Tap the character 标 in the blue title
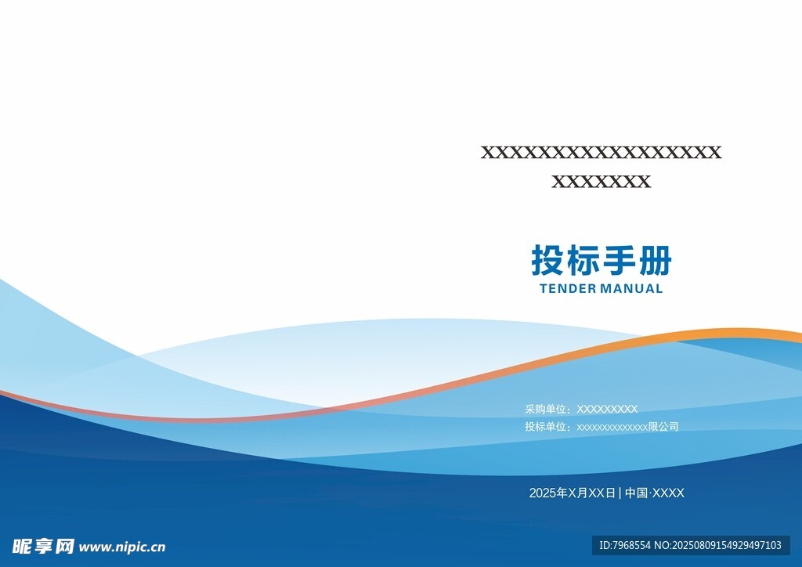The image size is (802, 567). pos(583,260)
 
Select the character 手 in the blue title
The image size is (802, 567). pos(619,260)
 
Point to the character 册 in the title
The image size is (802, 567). pos(655,260)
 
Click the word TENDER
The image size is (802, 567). pos(569,289)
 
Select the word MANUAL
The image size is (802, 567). pos(632,289)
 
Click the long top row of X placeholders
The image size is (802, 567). pos(601,153)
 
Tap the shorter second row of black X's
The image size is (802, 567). pos(601,182)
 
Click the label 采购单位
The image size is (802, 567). pos(546,409)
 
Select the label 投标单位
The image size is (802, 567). pos(546,426)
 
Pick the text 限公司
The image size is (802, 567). pos(663,426)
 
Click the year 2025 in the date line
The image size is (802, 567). pos(542,493)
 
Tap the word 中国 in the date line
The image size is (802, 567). pos(637,493)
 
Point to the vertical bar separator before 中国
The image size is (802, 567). pos(620,493)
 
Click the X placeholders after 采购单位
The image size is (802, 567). pos(607,409)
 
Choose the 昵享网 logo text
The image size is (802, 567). pos(43,547)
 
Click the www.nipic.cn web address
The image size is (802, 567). pos(122,547)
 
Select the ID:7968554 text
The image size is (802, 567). pos(625,545)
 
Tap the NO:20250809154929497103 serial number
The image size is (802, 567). pos(718,545)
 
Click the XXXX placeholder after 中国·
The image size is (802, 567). pos(669,493)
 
